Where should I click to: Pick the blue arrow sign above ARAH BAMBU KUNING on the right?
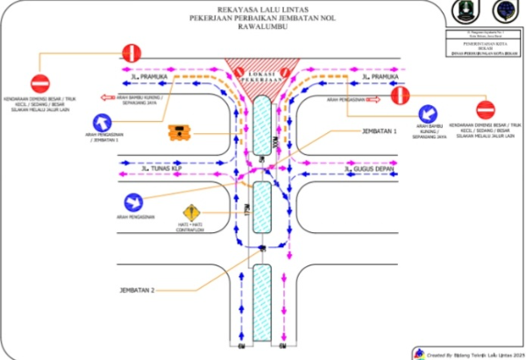429,114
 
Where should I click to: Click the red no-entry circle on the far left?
40,83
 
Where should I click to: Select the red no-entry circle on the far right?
485,110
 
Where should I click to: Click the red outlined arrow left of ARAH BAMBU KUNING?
111,98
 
